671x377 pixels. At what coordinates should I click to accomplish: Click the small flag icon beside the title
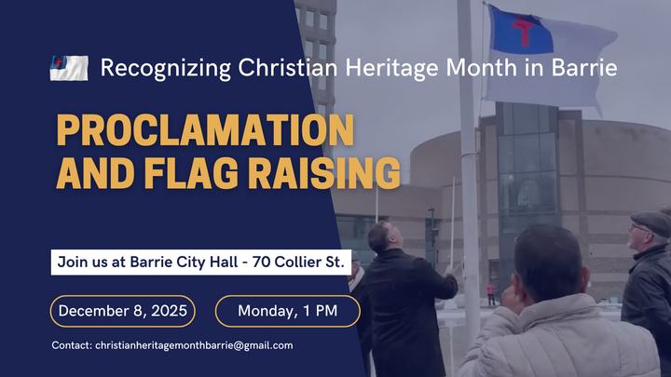(x=69, y=68)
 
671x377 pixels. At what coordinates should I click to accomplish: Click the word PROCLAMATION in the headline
(x=204, y=130)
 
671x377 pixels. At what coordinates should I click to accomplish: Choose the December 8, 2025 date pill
(x=123, y=311)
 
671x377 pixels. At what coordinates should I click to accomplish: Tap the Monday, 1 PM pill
(x=287, y=311)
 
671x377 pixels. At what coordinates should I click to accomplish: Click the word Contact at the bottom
(x=72, y=345)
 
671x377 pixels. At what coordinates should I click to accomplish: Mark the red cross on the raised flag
(x=523, y=33)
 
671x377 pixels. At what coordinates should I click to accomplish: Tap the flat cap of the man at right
(x=650, y=222)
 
